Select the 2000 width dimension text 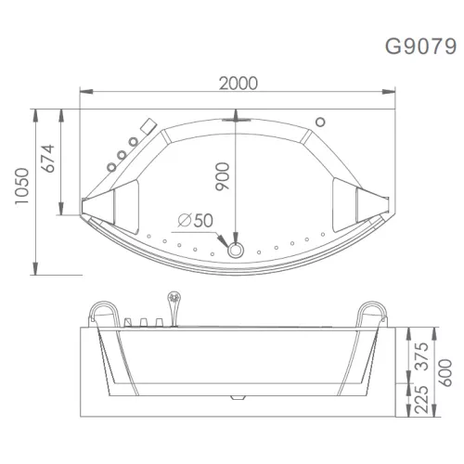(x=238, y=83)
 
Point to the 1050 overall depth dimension (x=15, y=191)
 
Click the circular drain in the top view (x=235, y=249)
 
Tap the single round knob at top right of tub (x=320, y=121)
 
